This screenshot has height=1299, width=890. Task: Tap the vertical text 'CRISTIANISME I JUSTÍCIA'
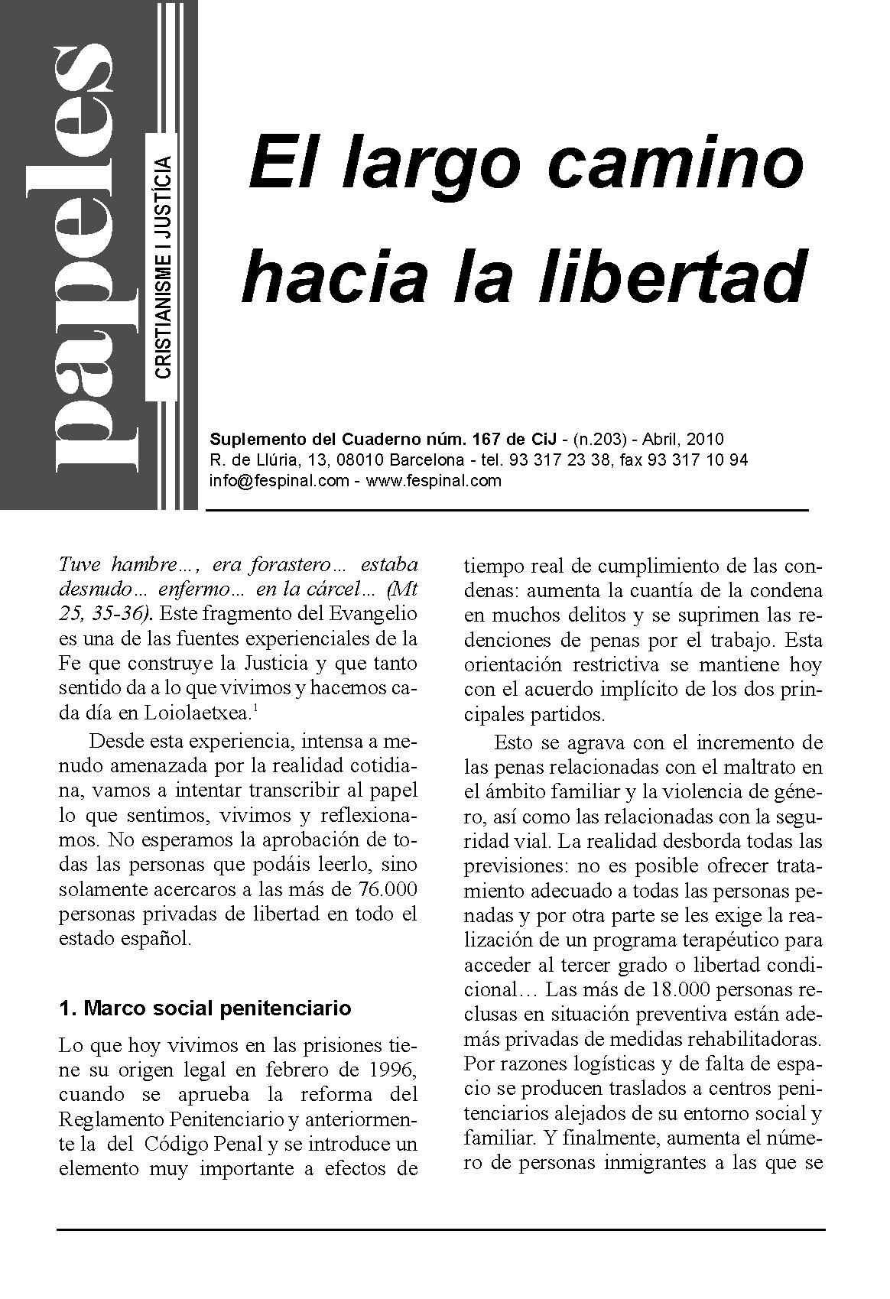click(x=163, y=267)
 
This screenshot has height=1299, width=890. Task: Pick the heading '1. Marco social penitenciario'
click(x=205, y=1008)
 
